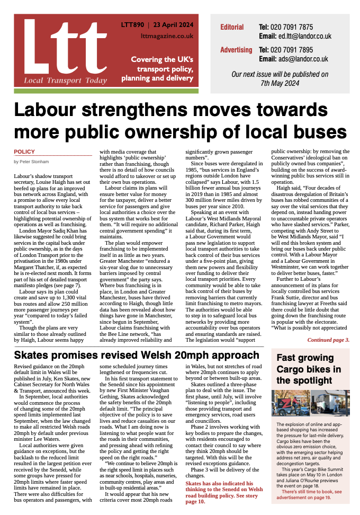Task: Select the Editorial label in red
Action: (232, 27)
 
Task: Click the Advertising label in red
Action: (236, 50)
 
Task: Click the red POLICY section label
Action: (24, 152)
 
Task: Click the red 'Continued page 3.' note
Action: (328, 340)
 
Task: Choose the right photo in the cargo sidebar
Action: (330, 403)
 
